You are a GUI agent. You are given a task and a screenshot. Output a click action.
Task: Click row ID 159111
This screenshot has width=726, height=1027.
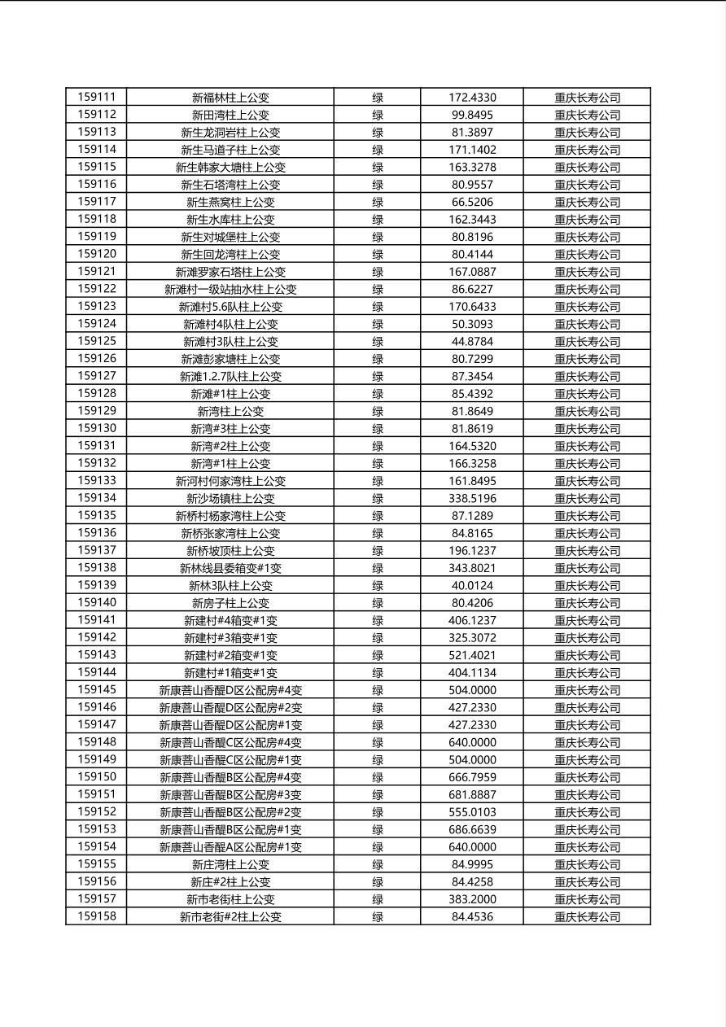(97, 97)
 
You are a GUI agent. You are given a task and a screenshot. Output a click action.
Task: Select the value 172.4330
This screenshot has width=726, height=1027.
(472, 97)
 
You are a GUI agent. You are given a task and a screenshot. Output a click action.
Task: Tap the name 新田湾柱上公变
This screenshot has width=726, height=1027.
(230, 115)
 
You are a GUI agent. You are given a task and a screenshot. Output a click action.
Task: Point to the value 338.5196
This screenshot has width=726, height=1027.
(472, 498)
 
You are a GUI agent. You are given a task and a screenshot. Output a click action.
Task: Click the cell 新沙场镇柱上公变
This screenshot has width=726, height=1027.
(230, 498)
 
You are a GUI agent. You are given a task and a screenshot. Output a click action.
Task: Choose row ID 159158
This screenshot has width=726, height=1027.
(97, 916)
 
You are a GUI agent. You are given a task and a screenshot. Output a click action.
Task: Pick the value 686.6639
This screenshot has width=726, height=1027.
(472, 829)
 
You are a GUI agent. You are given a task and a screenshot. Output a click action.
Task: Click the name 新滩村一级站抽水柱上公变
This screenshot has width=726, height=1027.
(230, 289)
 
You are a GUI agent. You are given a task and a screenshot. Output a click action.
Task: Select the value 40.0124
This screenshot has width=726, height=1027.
(472, 585)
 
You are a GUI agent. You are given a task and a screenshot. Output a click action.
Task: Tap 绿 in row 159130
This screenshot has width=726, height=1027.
(378, 428)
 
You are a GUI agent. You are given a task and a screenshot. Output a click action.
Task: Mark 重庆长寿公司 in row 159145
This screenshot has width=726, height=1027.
(587, 690)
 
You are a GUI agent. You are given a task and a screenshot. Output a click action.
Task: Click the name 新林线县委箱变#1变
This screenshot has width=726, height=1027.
(230, 568)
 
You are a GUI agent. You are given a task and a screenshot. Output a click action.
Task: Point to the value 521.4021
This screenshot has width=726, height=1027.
(472, 655)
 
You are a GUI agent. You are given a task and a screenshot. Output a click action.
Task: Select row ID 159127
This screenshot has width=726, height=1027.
(97, 376)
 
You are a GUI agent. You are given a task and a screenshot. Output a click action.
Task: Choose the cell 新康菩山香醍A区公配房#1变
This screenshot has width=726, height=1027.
(230, 847)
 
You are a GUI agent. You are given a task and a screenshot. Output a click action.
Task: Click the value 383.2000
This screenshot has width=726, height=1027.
(472, 899)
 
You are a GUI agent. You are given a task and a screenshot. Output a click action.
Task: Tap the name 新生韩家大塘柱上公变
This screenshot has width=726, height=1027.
(230, 167)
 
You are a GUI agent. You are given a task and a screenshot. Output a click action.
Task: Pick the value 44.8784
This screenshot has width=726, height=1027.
(472, 341)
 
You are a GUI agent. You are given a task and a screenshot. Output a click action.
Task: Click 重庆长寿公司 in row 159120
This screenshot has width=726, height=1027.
(587, 254)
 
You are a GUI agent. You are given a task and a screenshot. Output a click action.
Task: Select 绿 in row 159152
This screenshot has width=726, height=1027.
(378, 812)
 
